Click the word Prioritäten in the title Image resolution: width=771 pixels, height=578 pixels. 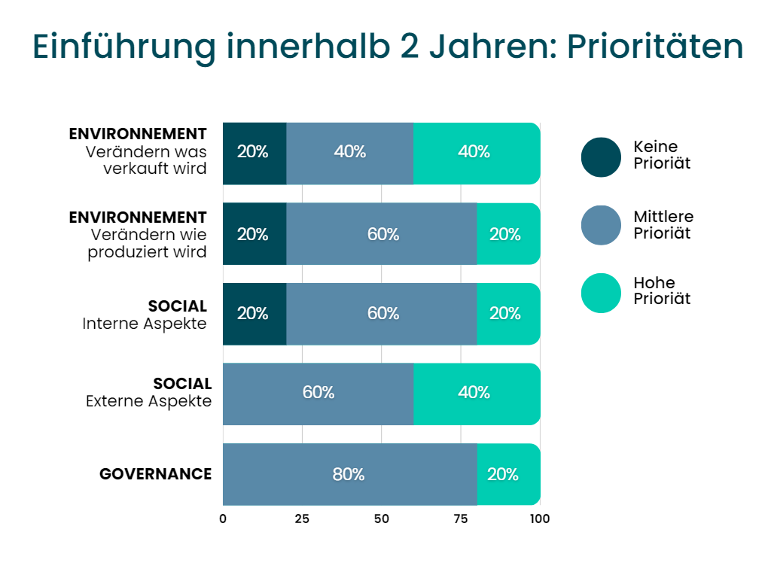[x=654, y=47]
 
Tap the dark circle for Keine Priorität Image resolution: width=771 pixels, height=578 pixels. [x=601, y=157]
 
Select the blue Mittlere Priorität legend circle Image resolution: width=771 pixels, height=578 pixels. [x=601, y=225]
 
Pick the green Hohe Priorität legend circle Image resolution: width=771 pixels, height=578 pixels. [x=601, y=293]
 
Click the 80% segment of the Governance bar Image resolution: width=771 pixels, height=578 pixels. [x=349, y=474]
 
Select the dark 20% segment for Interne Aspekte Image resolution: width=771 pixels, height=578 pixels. [x=254, y=314]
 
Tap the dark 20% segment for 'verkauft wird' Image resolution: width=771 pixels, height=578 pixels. [x=254, y=153]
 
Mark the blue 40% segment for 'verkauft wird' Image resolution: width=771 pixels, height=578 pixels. [x=349, y=153]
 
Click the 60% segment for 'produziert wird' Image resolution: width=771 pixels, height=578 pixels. [x=382, y=234]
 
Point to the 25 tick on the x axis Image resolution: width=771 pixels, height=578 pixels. [x=302, y=519]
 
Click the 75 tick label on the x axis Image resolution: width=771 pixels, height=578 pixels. [x=461, y=519]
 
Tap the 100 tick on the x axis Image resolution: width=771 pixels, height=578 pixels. [x=539, y=519]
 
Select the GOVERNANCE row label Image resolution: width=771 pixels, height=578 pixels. [x=155, y=474]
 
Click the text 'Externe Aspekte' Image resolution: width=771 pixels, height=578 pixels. [x=148, y=401]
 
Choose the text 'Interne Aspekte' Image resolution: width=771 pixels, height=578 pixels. [x=144, y=324]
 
